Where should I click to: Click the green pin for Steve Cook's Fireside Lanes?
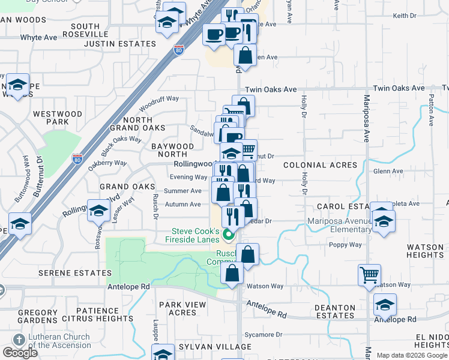(228, 234)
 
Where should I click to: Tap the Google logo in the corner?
(20, 353)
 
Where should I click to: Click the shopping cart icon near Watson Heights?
(369, 275)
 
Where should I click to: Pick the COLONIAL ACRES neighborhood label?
(320, 165)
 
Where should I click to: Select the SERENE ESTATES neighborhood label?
(67, 272)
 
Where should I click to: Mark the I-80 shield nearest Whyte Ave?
(178, 47)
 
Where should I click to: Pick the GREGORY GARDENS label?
(37, 316)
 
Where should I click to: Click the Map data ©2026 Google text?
(412, 355)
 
